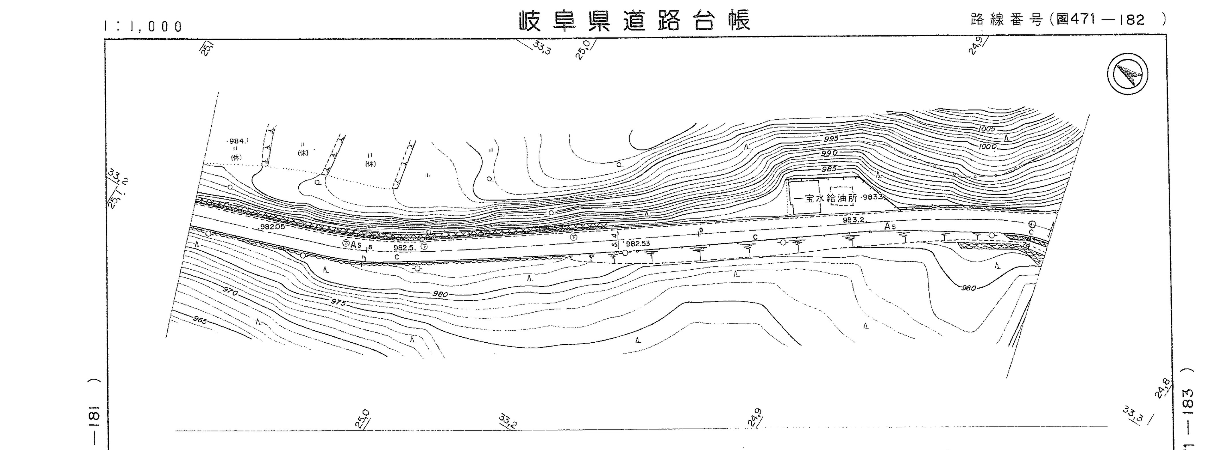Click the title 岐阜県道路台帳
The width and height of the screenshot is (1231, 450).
(635, 20)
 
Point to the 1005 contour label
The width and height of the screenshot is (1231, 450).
(986, 129)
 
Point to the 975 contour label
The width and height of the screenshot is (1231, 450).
(338, 302)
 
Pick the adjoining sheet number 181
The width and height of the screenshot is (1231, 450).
(94, 417)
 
